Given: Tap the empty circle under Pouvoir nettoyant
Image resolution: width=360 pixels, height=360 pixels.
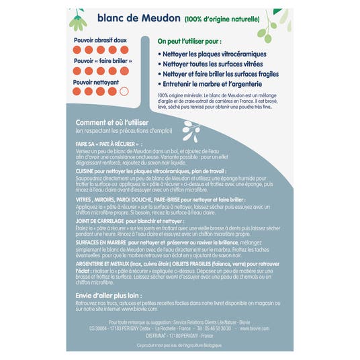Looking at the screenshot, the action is (x=123, y=92).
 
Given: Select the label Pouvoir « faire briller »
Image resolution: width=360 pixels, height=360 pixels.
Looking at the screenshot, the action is (x=101, y=61).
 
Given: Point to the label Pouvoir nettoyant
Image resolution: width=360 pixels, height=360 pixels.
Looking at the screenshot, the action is (x=96, y=82).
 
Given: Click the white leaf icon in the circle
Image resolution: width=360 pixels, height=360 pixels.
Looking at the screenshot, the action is (x=191, y=128).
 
